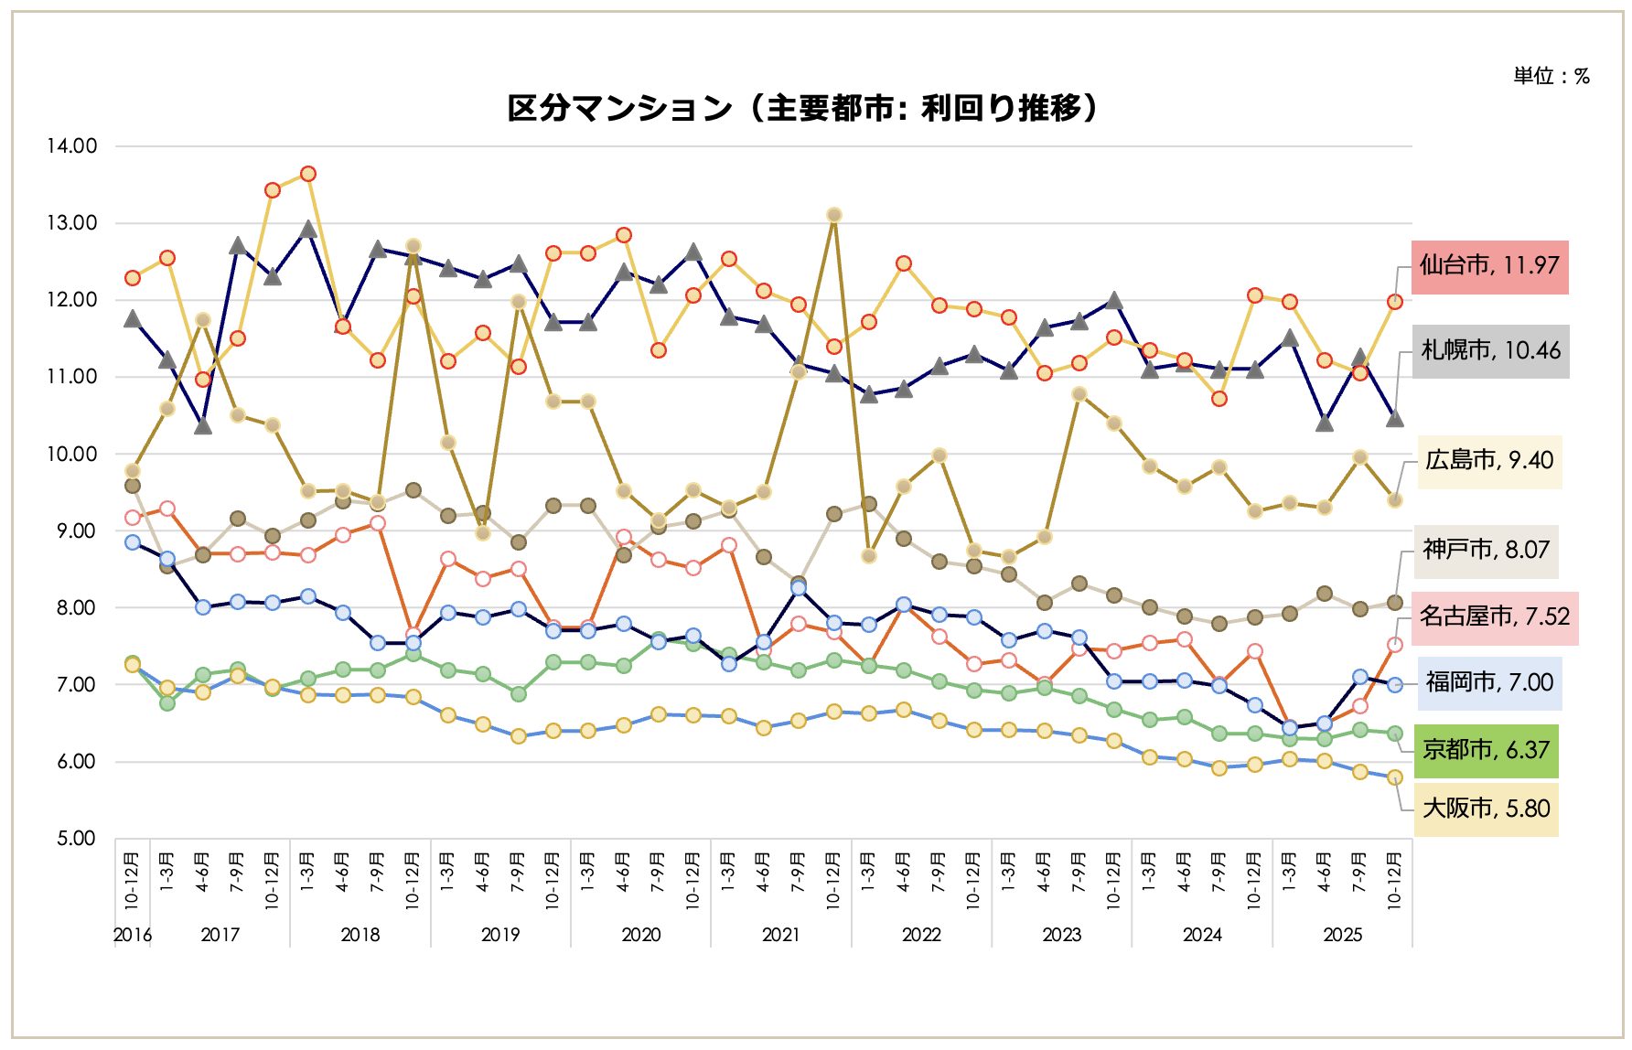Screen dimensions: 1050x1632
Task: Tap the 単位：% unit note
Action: click(x=1551, y=77)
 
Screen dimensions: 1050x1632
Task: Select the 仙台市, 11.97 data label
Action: click(x=1489, y=266)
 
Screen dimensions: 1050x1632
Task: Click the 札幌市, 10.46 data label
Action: click(x=1490, y=351)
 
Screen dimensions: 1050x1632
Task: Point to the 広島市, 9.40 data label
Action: click(x=1488, y=461)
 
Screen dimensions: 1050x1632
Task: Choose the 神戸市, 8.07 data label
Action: click(x=1486, y=551)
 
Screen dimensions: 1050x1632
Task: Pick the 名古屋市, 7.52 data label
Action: click(x=1494, y=617)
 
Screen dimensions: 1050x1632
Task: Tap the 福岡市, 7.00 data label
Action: click(x=1489, y=683)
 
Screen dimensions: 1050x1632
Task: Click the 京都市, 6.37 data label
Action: click(x=1486, y=751)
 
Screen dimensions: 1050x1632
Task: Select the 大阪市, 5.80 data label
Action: click(x=1486, y=809)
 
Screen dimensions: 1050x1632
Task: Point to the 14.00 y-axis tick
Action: click(x=71, y=146)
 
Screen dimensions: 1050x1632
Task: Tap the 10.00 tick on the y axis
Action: click(x=71, y=455)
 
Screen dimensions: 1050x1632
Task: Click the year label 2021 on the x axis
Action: click(x=780, y=935)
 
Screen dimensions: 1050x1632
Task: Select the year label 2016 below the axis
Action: click(x=132, y=935)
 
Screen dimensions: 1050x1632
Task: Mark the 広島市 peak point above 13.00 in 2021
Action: click(x=833, y=215)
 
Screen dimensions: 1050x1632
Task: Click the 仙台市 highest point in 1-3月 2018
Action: click(x=308, y=174)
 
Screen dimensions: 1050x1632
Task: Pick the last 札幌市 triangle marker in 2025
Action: click(x=1395, y=418)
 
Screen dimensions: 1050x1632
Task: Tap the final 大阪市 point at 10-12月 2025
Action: click(x=1395, y=777)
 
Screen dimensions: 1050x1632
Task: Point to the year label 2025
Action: click(x=1342, y=935)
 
